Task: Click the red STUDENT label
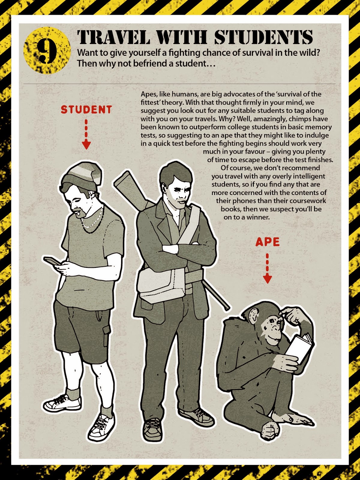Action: (86, 109)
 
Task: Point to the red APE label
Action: (267, 242)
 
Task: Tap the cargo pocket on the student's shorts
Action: (106, 336)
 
